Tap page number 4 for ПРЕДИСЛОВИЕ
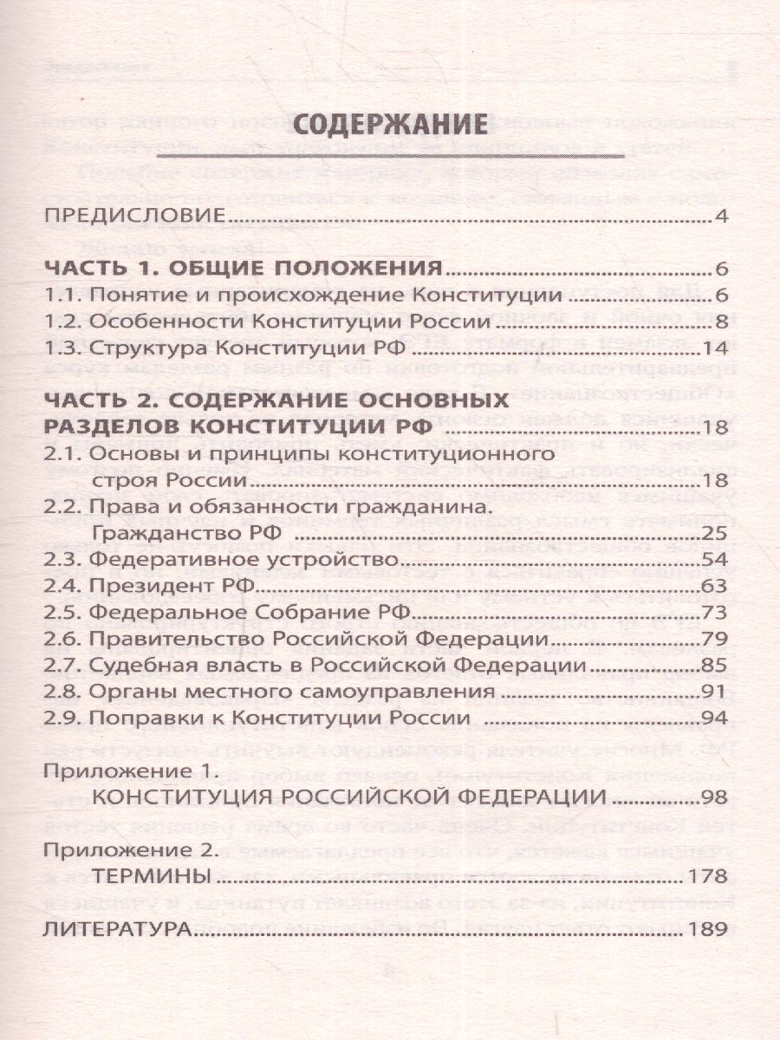[720, 216]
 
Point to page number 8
[720, 322]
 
